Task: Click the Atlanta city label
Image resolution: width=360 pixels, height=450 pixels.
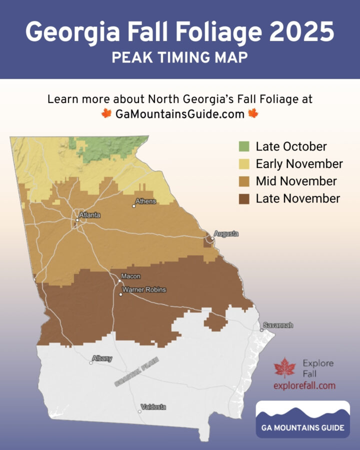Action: (x=90, y=215)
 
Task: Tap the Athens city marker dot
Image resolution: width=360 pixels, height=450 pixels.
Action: (x=133, y=206)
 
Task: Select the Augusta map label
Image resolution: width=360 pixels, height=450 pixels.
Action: (x=226, y=233)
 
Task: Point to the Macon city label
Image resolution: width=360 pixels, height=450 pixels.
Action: (x=130, y=276)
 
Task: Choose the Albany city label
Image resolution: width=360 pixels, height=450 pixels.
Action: (x=102, y=358)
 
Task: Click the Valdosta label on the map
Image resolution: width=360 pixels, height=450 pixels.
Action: (x=153, y=407)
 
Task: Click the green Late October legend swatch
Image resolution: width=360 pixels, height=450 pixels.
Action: (x=244, y=146)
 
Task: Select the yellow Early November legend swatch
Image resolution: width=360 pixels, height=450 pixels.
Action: (x=244, y=164)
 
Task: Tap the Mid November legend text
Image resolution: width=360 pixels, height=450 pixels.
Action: (x=296, y=181)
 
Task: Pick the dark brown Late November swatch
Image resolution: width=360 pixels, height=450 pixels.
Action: (x=244, y=198)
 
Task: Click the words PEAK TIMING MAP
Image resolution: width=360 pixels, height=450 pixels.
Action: (x=179, y=57)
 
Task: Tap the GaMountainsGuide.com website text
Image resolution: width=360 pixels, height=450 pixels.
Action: (x=179, y=113)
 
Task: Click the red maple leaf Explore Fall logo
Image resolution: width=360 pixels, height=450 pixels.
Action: (x=284, y=367)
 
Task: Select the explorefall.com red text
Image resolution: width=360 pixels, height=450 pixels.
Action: (x=304, y=385)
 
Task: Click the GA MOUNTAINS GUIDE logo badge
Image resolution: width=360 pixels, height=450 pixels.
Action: (x=302, y=419)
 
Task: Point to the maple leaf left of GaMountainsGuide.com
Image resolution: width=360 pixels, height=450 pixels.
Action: (x=106, y=113)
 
